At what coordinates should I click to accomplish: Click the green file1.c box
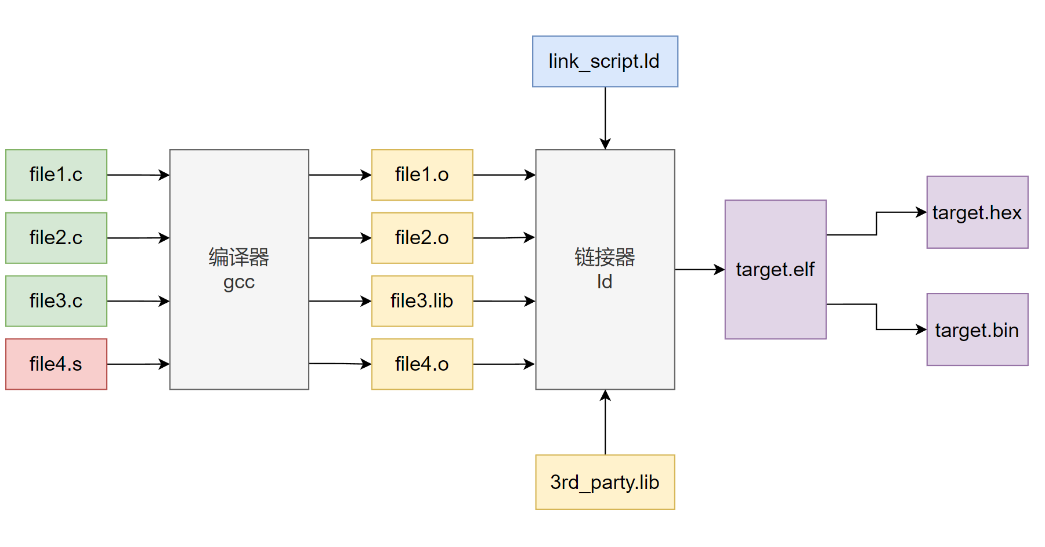[x=56, y=175]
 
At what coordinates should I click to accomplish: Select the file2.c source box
[x=56, y=238]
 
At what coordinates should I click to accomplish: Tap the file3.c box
[x=56, y=301]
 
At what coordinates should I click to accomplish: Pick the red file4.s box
[x=56, y=364]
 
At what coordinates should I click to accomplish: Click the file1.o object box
[x=422, y=175]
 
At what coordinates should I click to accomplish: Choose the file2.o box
[x=422, y=238]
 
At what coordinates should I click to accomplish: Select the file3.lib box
[x=422, y=301]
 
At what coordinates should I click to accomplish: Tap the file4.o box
[x=422, y=364]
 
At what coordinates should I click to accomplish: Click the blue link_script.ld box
[x=605, y=61]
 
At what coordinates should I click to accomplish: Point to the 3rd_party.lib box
[x=605, y=482]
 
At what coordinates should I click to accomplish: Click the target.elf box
[x=775, y=270]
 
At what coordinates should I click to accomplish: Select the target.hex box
[x=977, y=212]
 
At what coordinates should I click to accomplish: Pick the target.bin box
[x=977, y=329]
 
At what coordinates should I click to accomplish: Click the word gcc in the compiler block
[x=239, y=282]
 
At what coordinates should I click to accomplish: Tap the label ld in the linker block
[x=605, y=282]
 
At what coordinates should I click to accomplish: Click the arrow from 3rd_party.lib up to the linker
[x=605, y=422]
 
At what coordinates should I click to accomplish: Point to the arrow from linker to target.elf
[x=699, y=270]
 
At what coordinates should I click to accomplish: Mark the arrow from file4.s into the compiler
[x=138, y=364]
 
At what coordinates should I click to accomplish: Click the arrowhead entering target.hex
[x=921, y=212]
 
